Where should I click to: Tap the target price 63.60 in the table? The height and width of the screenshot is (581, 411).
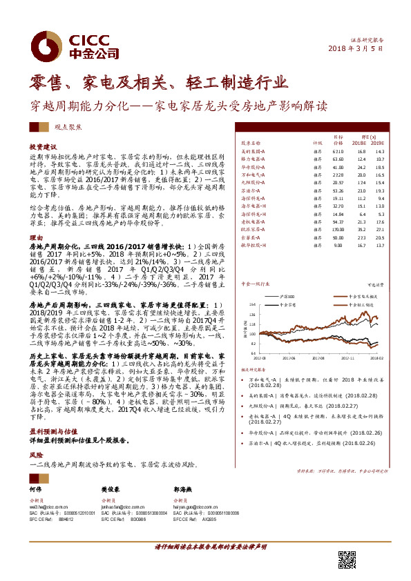(x=338, y=158)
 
